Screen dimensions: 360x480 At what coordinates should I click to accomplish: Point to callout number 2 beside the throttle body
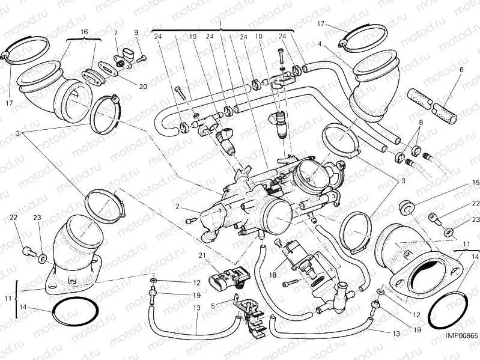pos(178,206)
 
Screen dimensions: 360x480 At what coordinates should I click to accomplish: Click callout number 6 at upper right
pos(461,70)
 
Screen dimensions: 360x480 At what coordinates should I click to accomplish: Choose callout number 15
pos(475,182)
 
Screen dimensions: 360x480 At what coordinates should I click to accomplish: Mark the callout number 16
pos(84,31)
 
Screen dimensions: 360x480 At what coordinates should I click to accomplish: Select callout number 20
pos(143,86)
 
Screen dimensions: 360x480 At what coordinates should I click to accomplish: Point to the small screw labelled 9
pos(142,58)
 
